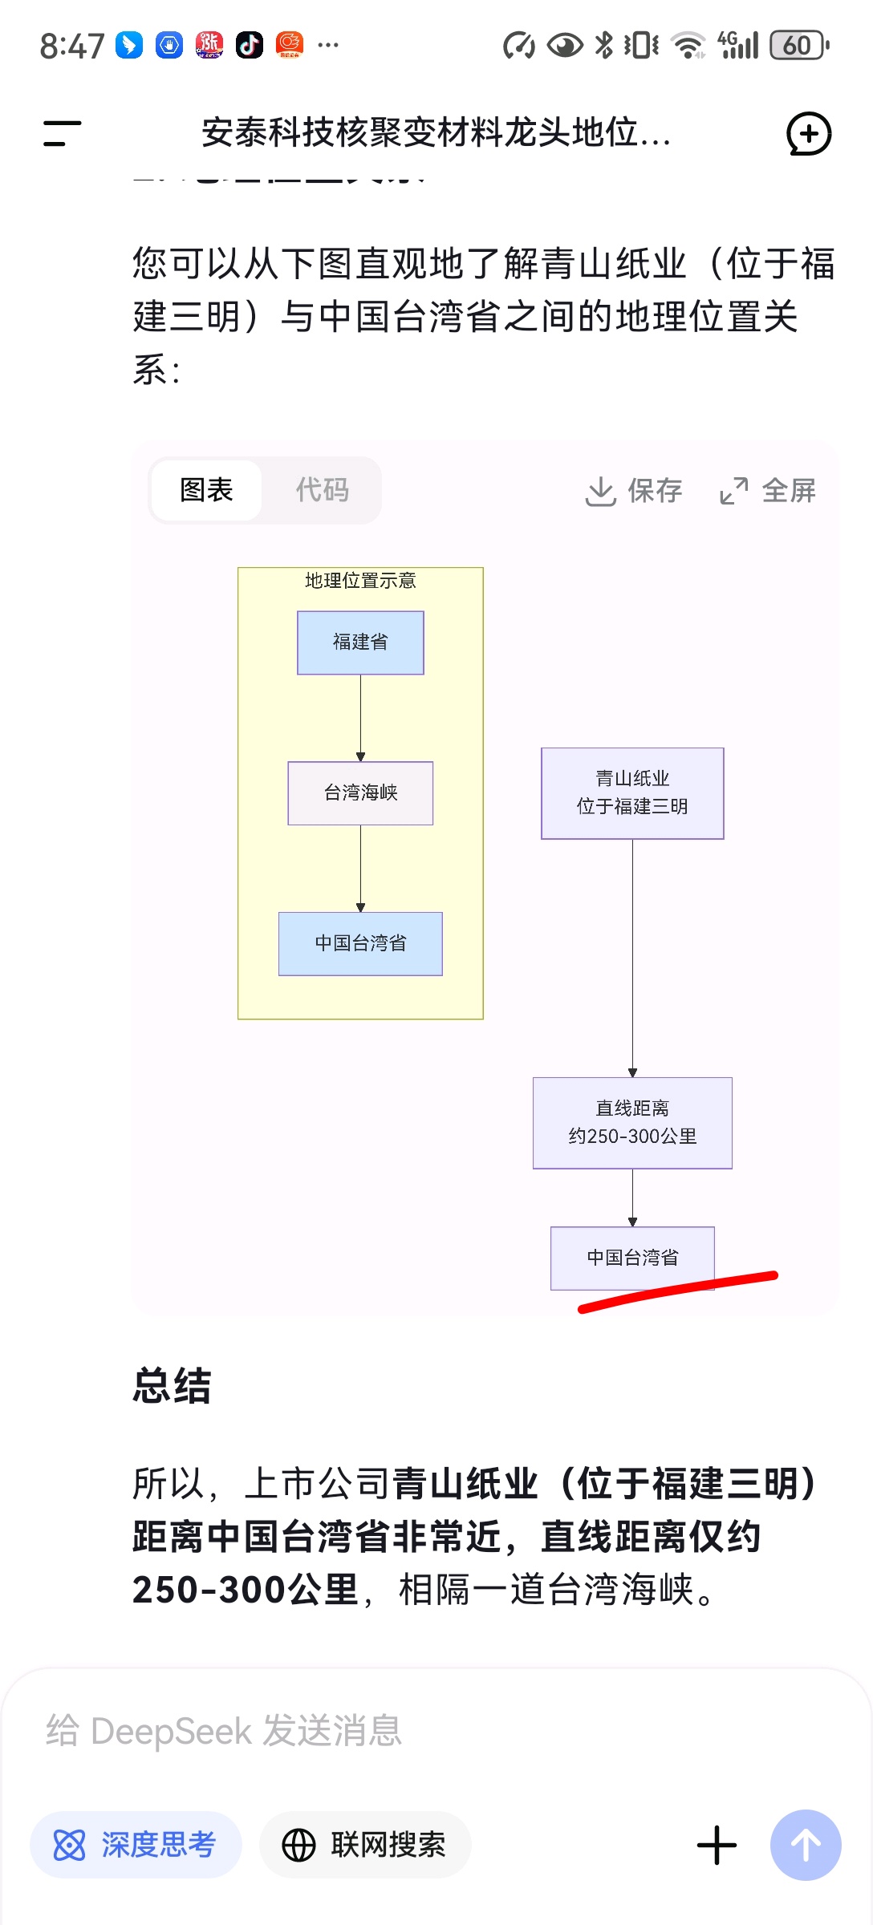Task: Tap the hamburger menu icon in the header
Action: pyautogui.click(x=62, y=133)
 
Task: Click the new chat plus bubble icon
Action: pyautogui.click(x=808, y=134)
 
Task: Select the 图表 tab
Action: pyautogui.click(x=206, y=490)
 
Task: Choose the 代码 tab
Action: pyautogui.click(x=322, y=490)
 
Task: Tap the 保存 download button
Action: pyautogui.click(x=634, y=491)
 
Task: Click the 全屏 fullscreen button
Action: pyautogui.click(x=768, y=491)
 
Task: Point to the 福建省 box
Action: pyautogui.click(x=360, y=642)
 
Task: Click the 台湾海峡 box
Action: pyautogui.click(x=360, y=793)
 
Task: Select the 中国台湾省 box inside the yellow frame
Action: pyautogui.click(x=360, y=943)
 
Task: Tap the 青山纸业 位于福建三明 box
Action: pyautogui.click(x=632, y=793)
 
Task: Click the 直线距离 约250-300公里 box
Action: pyautogui.click(x=632, y=1123)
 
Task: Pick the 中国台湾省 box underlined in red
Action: pyautogui.click(x=632, y=1257)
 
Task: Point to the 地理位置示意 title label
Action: pyautogui.click(x=360, y=581)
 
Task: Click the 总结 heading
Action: pyautogui.click(x=172, y=1386)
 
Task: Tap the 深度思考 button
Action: pyautogui.click(x=136, y=1845)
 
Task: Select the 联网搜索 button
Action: pyautogui.click(x=365, y=1845)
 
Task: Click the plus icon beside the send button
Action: pyautogui.click(x=717, y=1845)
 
